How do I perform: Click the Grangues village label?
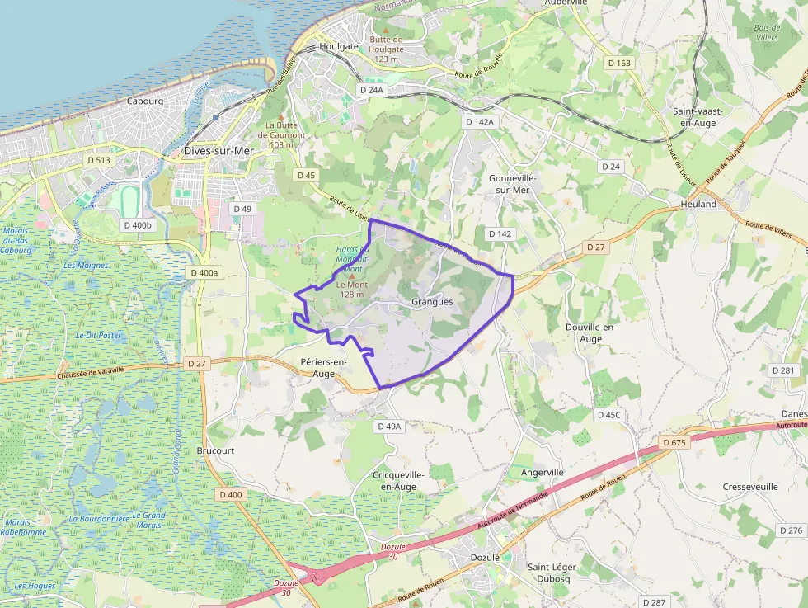(x=432, y=302)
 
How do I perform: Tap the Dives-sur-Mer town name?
(x=218, y=151)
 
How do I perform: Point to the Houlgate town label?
(x=339, y=47)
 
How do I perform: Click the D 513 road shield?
(x=99, y=159)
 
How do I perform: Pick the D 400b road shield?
(x=137, y=224)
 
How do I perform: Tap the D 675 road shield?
(x=674, y=443)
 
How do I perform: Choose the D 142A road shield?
(x=480, y=122)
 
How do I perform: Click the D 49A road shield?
(x=388, y=427)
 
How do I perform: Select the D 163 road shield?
(x=619, y=63)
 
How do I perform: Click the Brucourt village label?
(x=216, y=451)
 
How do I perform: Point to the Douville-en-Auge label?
(x=590, y=332)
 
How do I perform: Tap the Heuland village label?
(x=698, y=204)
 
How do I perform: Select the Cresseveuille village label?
(x=750, y=487)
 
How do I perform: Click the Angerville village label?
(x=543, y=472)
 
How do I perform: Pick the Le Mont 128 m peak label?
(x=350, y=290)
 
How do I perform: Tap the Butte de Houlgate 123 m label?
(x=386, y=49)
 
